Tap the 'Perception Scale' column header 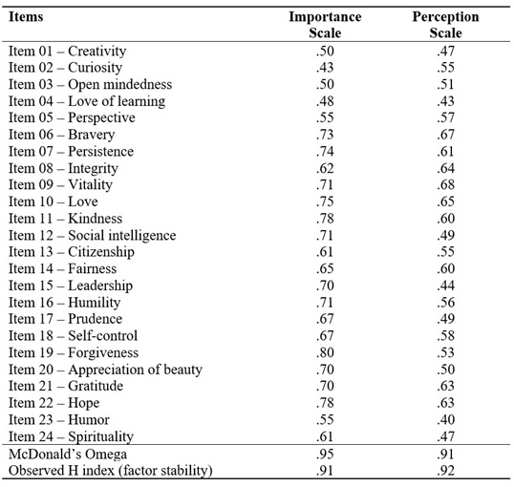coord(445,24)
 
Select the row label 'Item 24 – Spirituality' coord(72,436)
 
